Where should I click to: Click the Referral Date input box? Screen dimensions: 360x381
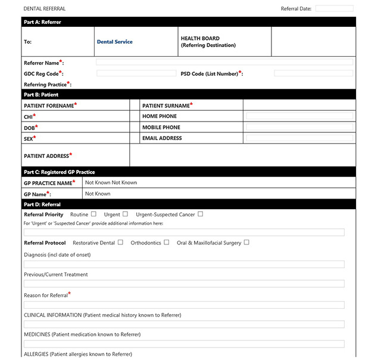point(334,8)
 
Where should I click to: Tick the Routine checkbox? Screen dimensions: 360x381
point(94,214)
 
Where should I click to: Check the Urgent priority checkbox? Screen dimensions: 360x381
point(125,214)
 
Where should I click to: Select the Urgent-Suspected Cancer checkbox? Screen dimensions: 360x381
point(201,214)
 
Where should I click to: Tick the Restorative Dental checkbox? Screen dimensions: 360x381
point(121,243)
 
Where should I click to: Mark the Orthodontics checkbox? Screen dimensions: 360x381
point(167,243)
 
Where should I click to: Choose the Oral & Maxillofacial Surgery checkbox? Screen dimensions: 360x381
point(246,243)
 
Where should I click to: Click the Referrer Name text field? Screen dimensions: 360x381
point(224,62)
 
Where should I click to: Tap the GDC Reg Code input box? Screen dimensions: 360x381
point(136,73)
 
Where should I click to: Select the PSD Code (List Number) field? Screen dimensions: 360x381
point(313,73)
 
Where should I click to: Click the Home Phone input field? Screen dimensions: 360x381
point(299,116)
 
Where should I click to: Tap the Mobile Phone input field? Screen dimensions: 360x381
point(299,127)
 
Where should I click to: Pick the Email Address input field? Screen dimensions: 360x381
point(299,138)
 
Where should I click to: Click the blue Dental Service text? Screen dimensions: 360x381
point(114,42)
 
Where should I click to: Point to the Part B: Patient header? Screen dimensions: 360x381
point(41,94)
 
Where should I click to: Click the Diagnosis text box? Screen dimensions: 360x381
point(184,264)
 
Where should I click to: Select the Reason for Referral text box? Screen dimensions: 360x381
point(184,305)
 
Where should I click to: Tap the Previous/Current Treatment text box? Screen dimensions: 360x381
point(184,284)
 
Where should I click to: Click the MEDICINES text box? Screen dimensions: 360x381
point(184,344)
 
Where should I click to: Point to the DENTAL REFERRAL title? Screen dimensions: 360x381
point(45,9)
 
